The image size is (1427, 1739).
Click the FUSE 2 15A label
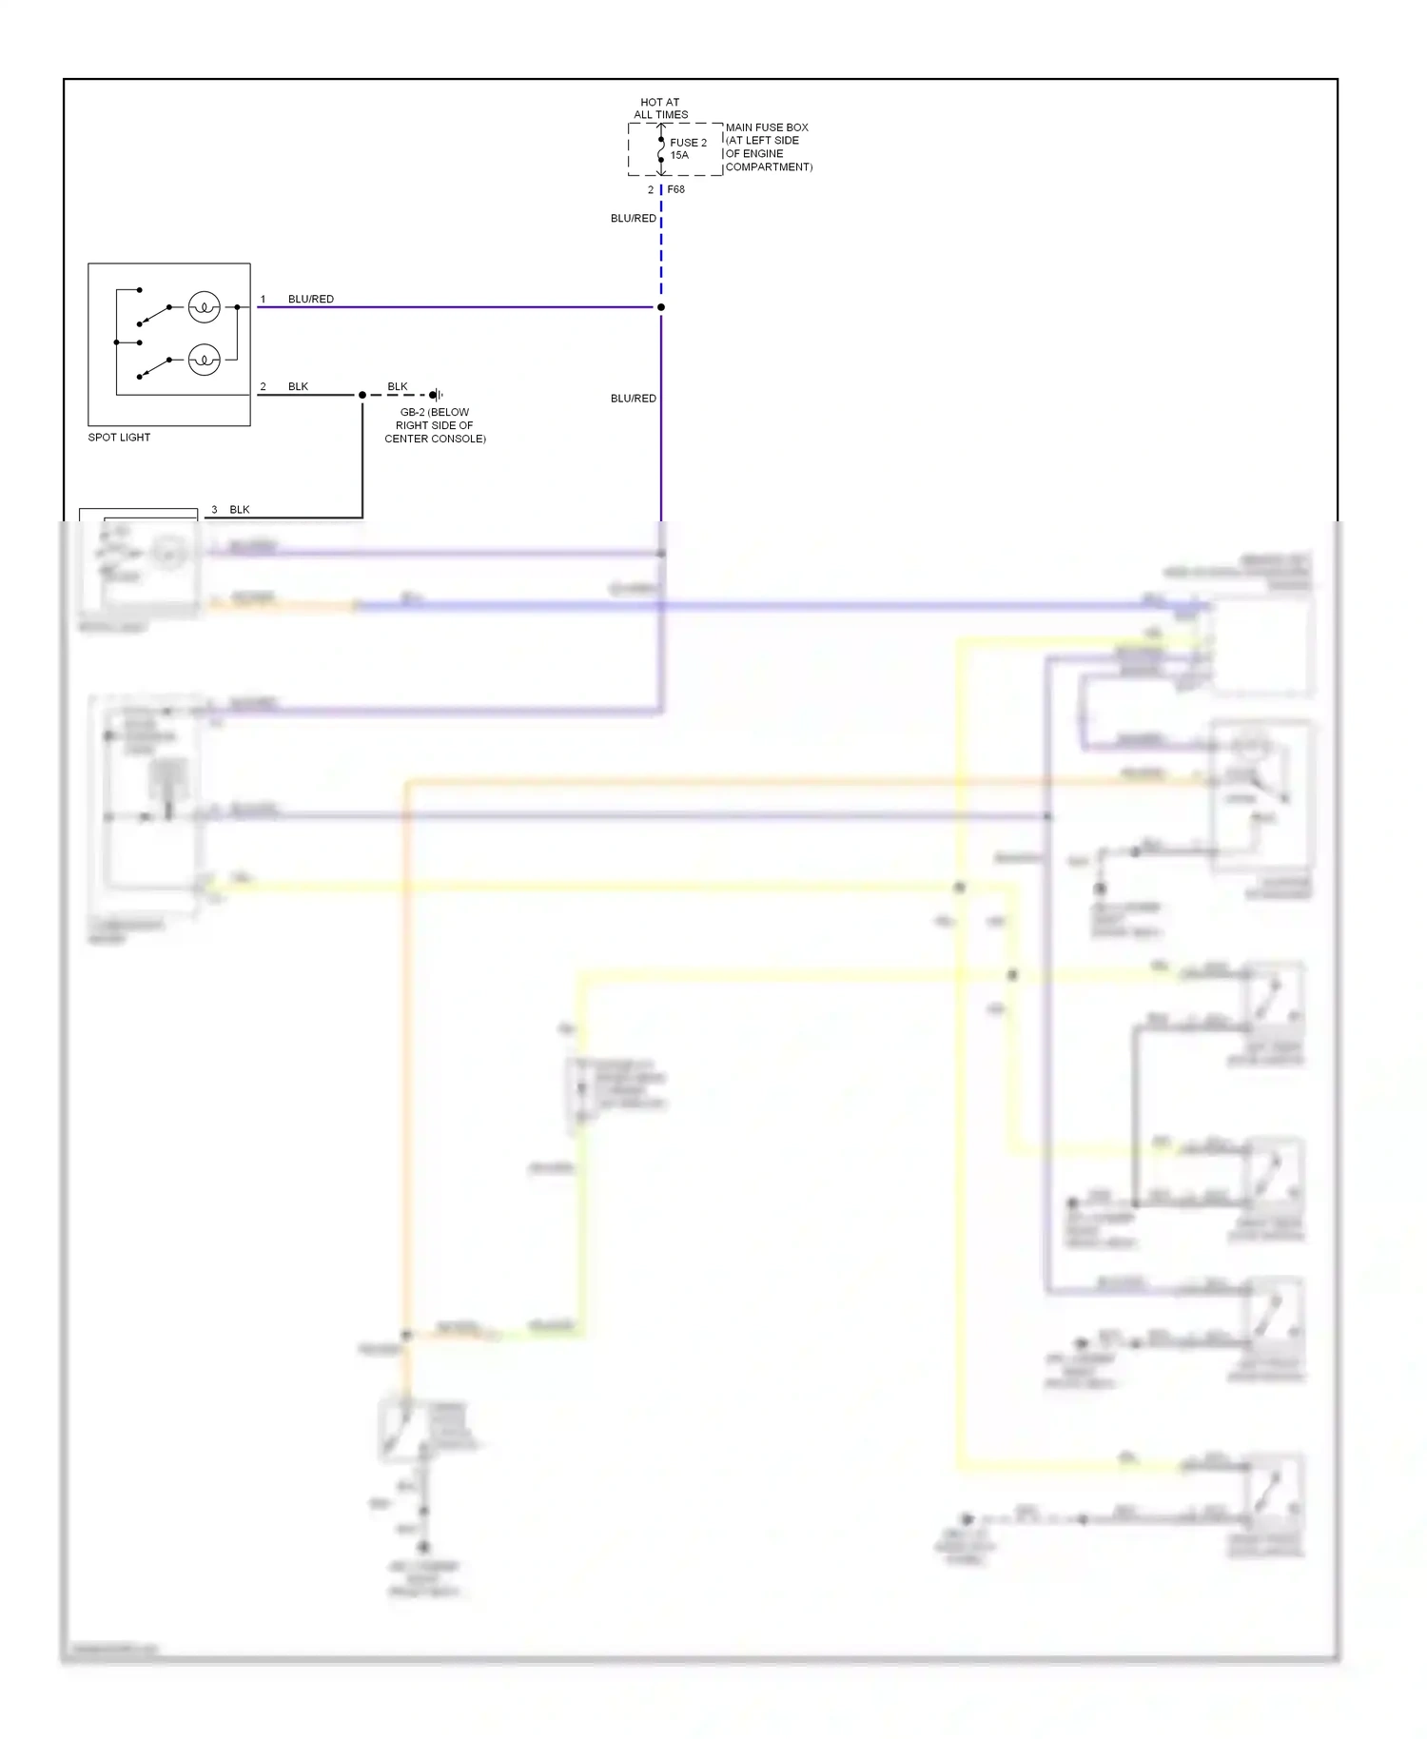(687, 148)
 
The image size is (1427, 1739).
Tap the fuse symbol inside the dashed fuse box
(661, 149)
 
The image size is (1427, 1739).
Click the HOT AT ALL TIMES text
(660, 108)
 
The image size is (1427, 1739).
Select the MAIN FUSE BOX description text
(768, 147)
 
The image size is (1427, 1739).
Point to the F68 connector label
(675, 189)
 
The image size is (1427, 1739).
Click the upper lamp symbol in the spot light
(204, 307)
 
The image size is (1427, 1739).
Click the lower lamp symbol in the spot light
(204, 360)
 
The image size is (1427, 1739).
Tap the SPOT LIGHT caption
(119, 438)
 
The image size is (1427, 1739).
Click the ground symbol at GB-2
(436, 395)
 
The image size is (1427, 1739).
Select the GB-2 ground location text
(435, 425)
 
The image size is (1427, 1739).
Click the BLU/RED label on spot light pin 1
(310, 299)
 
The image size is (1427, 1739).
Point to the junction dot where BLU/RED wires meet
(661, 307)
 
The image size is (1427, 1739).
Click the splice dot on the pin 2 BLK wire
(362, 395)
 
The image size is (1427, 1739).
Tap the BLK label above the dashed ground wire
(398, 386)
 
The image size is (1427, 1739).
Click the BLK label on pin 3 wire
(240, 510)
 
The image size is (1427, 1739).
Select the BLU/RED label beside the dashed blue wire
(633, 219)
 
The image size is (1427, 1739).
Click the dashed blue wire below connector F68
(661, 247)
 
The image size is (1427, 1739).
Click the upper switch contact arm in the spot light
(154, 315)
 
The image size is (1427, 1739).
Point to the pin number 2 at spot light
(263, 386)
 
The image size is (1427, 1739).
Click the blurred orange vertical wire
(406, 1046)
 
